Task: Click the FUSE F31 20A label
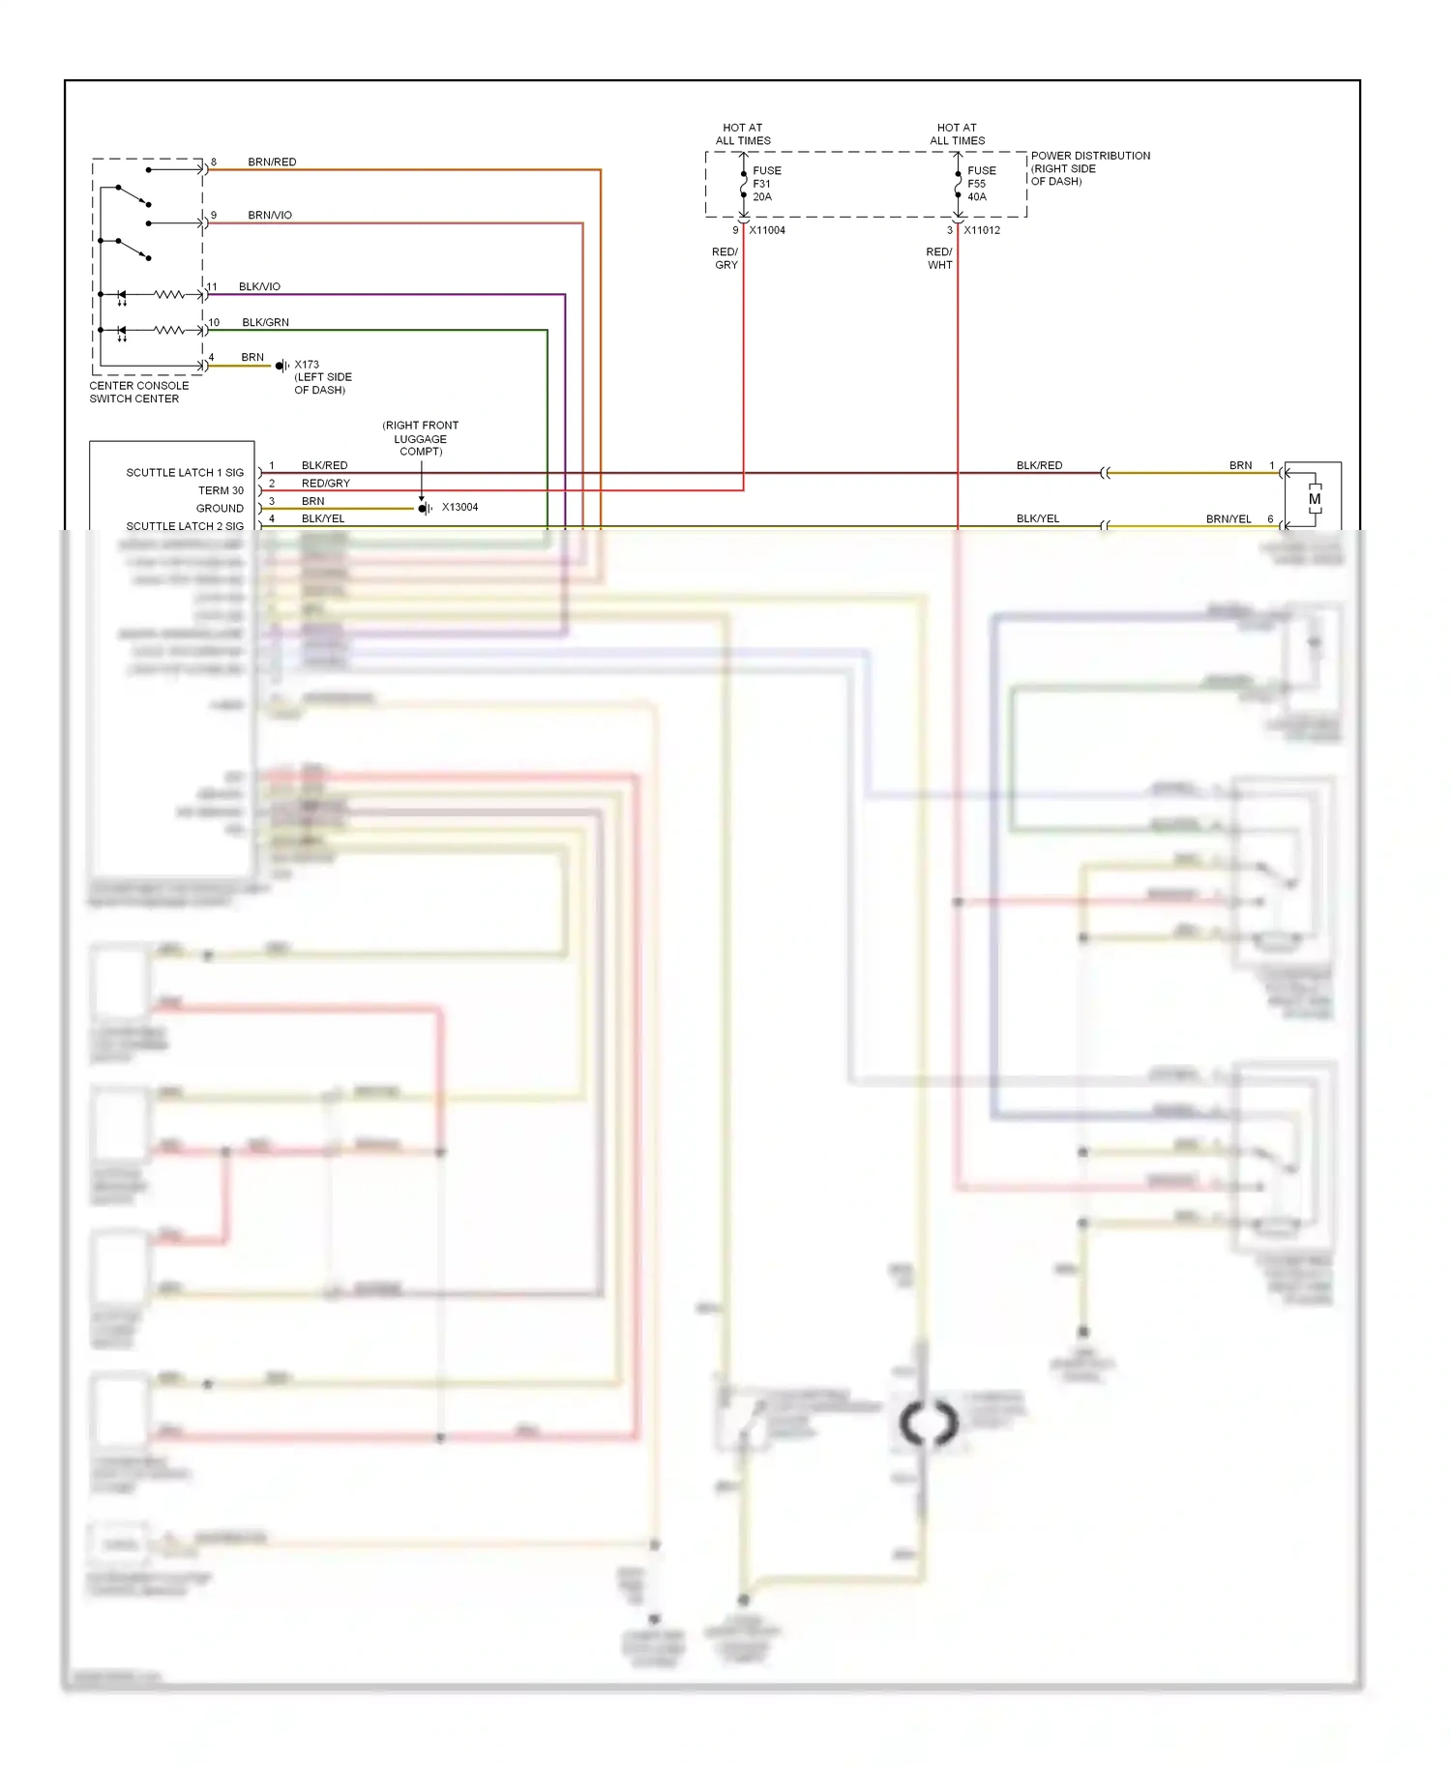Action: click(766, 184)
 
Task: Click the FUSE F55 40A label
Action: click(981, 184)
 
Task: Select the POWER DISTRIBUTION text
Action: click(1090, 156)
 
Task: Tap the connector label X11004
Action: click(767, 230)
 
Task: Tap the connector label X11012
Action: click(982, 230)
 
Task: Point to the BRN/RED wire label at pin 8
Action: click(272, 162)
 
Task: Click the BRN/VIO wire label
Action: click(270, 215)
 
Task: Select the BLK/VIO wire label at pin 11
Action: click(259, 286)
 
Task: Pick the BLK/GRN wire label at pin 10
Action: click(265, 322)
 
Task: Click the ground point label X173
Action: click(307, 365)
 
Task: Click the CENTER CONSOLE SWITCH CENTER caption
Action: click(138, 392)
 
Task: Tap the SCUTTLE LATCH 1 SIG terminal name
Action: click(185, 473)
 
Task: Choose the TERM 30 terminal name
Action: click(221, 490)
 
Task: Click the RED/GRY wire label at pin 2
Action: click(326, 483)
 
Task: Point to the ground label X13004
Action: click(459, 507)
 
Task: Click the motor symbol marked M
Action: click(1314, 499)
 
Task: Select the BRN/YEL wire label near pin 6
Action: click(1229, 518)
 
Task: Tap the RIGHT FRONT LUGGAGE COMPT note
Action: click(420, 438)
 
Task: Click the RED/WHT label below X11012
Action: click(939, 258)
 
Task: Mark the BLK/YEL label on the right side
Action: click(1038, 518)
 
